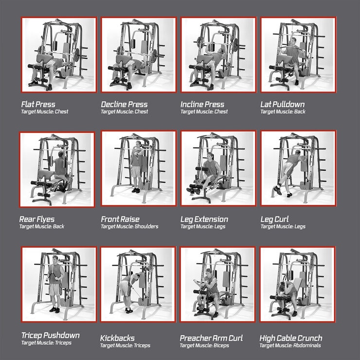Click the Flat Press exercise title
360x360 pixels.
tap(38, 104)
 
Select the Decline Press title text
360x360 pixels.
tap(124, 104)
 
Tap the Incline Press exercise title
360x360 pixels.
tap(202, 104)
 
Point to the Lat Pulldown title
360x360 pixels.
tap(283, 104)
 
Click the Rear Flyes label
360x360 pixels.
tap(37, 219)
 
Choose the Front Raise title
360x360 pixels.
tap(120, 219)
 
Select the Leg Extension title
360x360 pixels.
tap(204, 219)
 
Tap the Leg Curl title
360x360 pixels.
tap(274, 219)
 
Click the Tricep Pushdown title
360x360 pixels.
tap(50, 335)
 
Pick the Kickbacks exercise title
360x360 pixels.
tap(117, 338)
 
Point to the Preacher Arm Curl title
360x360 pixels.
tap(211, 338)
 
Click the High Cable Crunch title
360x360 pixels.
tap(290, 338)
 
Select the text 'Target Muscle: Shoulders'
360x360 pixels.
tap(129, 227)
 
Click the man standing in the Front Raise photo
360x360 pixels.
tap(137, 165)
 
